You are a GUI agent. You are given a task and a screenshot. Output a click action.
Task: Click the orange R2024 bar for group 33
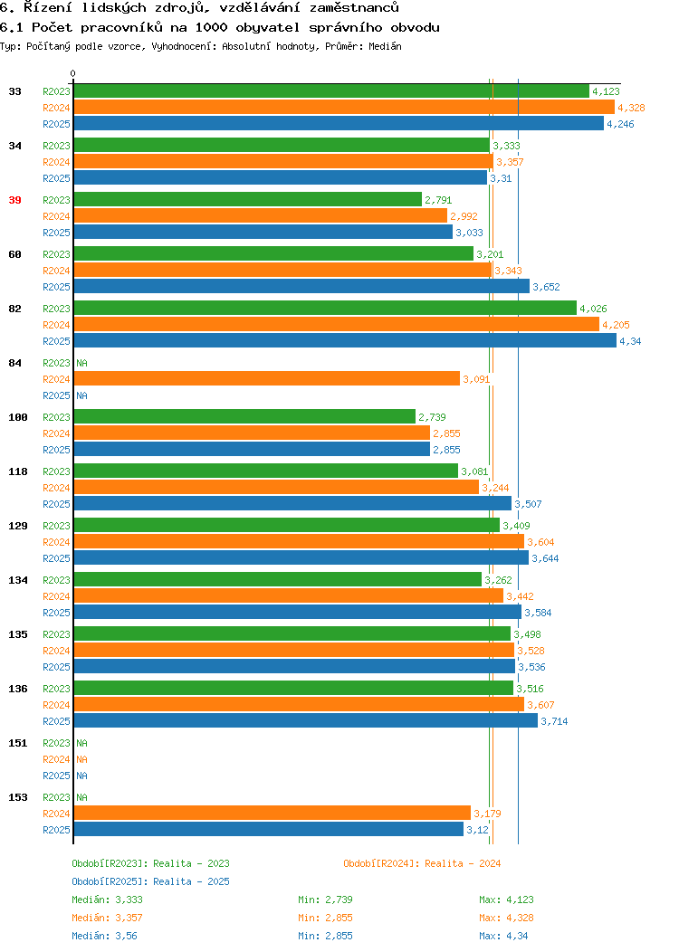(x=344, y=108)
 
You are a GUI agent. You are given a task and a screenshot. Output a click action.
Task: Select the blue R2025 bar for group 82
(x=345, y=340)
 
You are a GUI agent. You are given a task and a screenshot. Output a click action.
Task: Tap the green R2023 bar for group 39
(x=248, y=200)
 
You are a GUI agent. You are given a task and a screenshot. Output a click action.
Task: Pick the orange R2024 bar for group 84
(x=266, y=379)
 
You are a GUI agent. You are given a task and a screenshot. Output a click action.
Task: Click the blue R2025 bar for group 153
(x=269, y=829)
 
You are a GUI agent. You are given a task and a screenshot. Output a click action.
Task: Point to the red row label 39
(x=15, y=200)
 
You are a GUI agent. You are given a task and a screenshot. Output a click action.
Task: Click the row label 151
(x=17, y=743)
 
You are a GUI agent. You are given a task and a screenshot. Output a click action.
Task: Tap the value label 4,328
(x=631, y=108)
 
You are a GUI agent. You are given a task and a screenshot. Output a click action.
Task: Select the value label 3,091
(x=476, y=379)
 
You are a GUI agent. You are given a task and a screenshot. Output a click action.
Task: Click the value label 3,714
(x=554, y=721)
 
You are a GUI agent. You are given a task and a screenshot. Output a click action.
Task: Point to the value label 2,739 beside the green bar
(x=432, y=417)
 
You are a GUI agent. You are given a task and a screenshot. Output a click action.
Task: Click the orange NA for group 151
(x=82, y=759)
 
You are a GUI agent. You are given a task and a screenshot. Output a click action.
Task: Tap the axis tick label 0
(x=73, y=73)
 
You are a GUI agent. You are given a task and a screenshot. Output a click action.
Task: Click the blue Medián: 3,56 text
(x=104, y=936)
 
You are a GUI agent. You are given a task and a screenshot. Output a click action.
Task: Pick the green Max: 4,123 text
(x=506, y=900)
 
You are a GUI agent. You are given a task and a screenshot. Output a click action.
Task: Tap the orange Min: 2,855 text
(x=325, y=918)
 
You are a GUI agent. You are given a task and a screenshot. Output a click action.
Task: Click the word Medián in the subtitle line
(x=385, y=46)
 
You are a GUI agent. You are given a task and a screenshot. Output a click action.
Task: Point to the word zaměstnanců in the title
(x=354, y=8)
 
